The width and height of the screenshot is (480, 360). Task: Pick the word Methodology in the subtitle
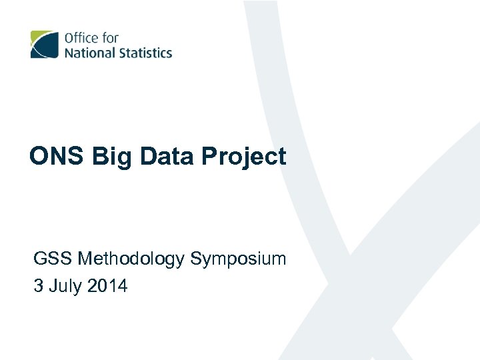[131, 259]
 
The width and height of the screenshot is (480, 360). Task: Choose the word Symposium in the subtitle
[238, 259]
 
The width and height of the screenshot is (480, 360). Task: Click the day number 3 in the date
[39, 287]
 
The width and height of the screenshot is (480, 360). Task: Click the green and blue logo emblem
[44, 44]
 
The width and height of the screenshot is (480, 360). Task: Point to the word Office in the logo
[81, 37]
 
